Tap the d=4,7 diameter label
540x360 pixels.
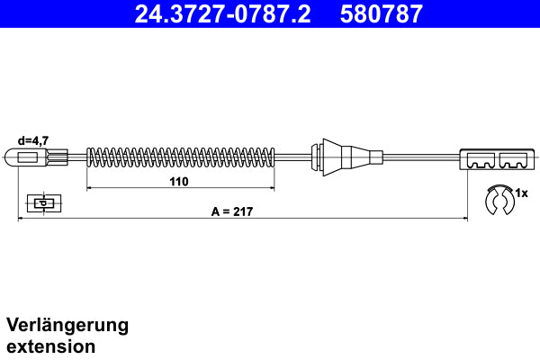32,140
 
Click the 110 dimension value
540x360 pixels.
178,182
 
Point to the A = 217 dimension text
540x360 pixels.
231,211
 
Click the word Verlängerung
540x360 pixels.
67,325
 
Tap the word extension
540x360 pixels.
50,346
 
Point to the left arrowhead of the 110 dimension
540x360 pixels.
88,189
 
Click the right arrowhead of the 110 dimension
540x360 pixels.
273,189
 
